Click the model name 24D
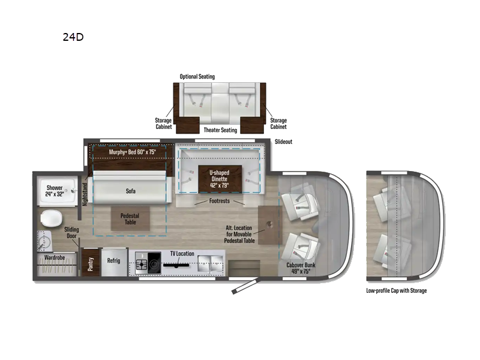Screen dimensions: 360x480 pyautogui.click(x=73, y=37)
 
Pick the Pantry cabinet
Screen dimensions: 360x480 pyautogui.click(x=90, y=264)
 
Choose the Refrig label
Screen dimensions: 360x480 pyautogui.click(x=113, y=261)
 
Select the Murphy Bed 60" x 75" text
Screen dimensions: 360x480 pyautogui.click(x=132, y=152)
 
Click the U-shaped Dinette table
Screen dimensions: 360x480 pyautogui.click(x=220, y=178)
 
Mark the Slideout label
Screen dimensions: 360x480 pyautogui.click(x=283, y=142)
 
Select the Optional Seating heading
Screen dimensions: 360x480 pyautogui.click(x=197, y=77)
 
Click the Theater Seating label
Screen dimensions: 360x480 pyautogui.click(x=221, y=130)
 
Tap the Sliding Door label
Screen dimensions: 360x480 pyautogui.click(x=74, y=233)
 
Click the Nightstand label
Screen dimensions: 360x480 pyautogui.click(x=84, y=193)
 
